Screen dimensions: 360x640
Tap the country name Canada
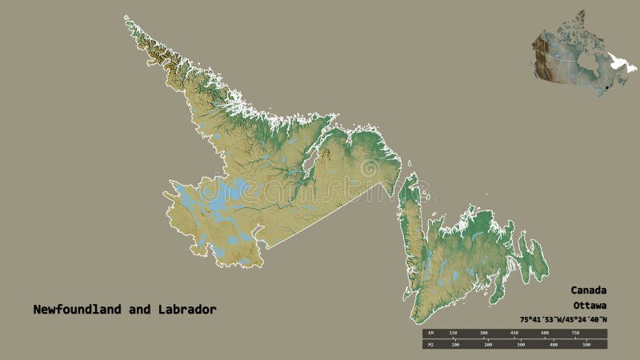pyautogui.click(x=589, y=290)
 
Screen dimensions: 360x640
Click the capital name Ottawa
pyautogui.click(x=589, y=306)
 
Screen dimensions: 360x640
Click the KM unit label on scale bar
pyautogui.click(x=429, y=332)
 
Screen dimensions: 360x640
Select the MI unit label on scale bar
pyautogui.click(x=429, y=346)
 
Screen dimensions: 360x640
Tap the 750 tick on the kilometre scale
pyautogui.click(x=574, y=332)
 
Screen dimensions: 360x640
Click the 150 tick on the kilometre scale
pyautogui.click(x=453, y=332)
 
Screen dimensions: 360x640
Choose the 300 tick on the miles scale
pyautogui.click(x=521, y=346)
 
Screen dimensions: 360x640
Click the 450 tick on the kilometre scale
pyautogui.click(x=514, y=332)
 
